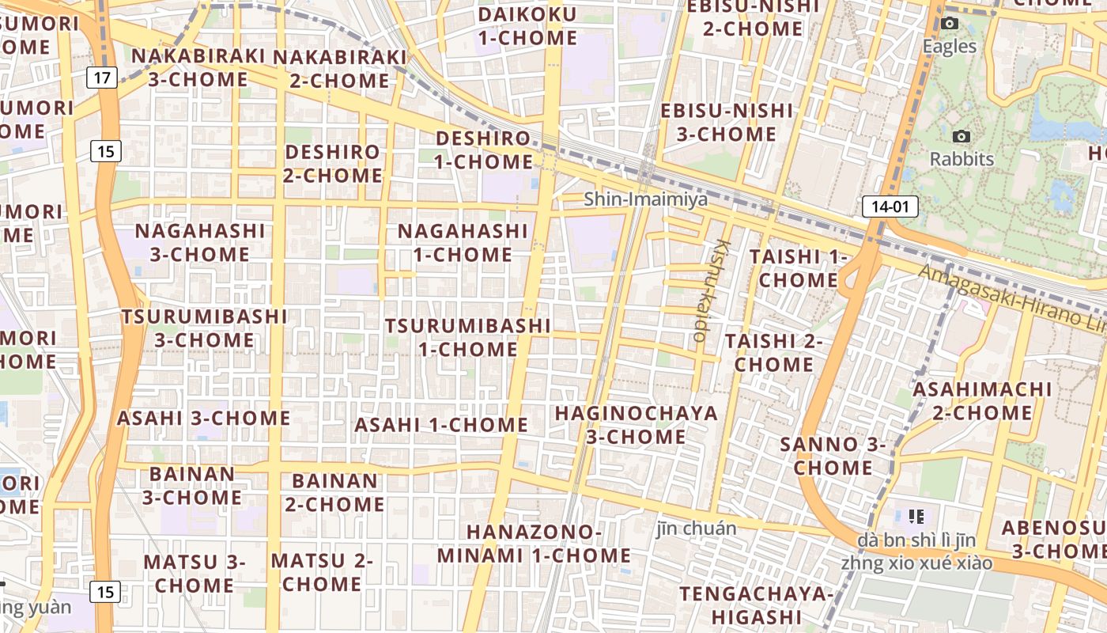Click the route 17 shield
coord(102,78)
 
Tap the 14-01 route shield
coord(890,207)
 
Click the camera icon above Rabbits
coord(962,137)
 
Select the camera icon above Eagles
coord(950,24)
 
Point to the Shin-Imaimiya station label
coord(645,199)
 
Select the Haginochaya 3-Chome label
coord(636,425)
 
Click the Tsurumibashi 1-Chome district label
coord(467,337)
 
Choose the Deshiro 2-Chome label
coord(332,163)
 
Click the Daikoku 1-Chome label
coord(527,26)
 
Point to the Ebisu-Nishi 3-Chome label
coord(726,122)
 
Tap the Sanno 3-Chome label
coord(833,456)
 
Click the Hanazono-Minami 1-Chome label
coord(534,543)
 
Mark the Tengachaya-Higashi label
coord(757,605)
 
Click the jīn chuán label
coord(696,528)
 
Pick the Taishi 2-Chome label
coord(774,353)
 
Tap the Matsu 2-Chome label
coord(322,572)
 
